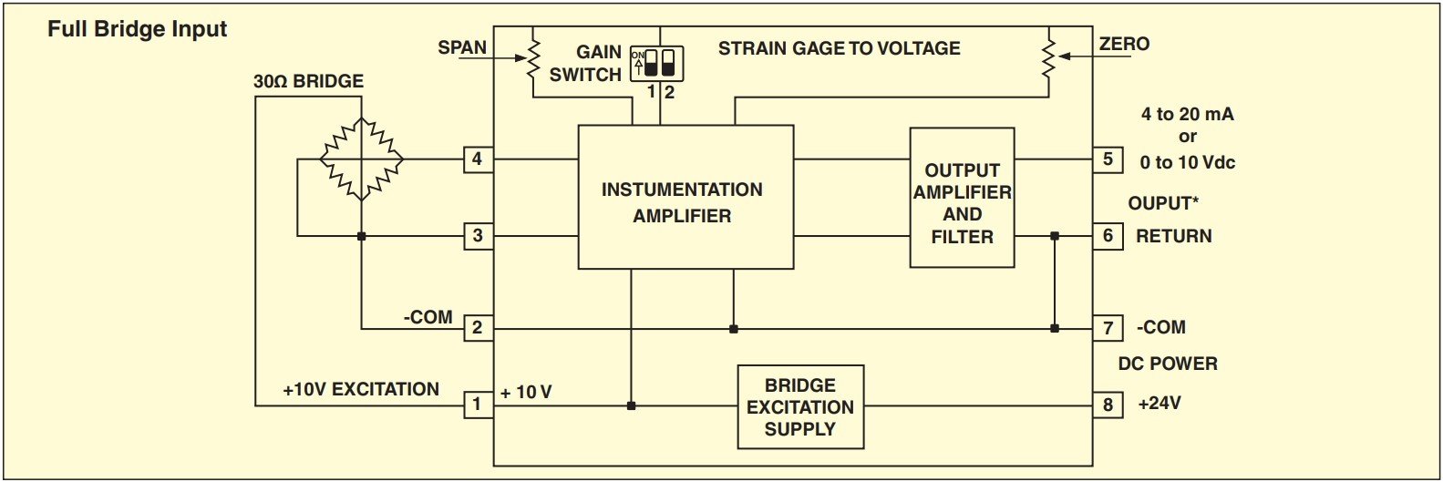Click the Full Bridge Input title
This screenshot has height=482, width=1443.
137,29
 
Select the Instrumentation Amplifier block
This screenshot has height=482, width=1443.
685,198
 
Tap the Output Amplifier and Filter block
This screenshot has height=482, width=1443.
962,198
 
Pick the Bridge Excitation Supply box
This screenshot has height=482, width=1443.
800,407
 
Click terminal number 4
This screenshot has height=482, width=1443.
477,159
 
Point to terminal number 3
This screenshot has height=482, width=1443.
477,236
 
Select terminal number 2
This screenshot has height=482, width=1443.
477,328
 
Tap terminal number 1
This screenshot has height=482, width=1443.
477,404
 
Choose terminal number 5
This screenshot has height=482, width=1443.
1108,159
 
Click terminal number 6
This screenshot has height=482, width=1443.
1108,236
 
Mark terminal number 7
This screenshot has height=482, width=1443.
1108,328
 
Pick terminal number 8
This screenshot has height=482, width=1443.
1108,405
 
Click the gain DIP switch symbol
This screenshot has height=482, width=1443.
659,63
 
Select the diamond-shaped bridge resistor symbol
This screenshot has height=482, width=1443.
362,159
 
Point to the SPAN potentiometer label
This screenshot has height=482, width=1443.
462,47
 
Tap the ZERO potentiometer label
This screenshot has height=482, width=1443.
1124,44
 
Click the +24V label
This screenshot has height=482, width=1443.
1160,403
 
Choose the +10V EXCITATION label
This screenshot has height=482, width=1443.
361,390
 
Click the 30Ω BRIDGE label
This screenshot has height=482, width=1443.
308,81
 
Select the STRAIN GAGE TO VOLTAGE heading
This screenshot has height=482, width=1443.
839,48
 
